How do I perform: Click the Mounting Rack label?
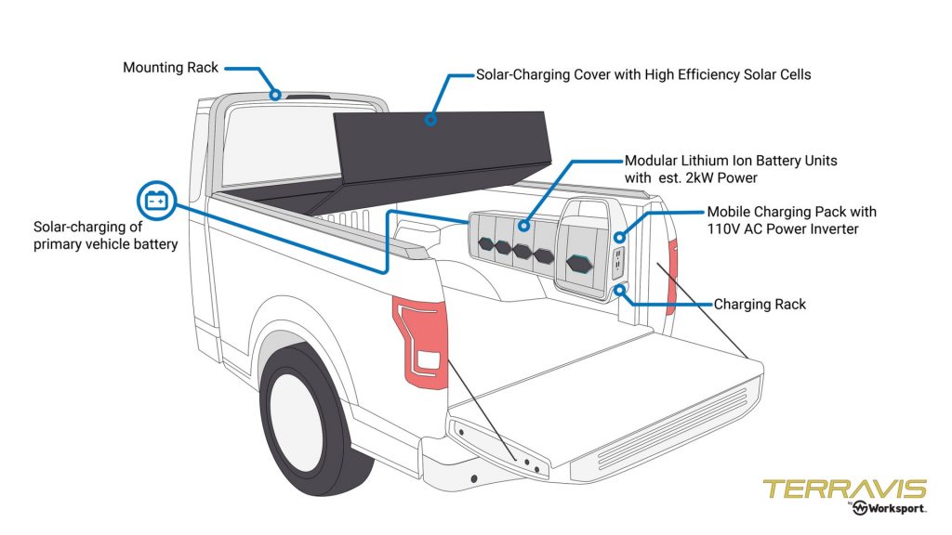point(170,68)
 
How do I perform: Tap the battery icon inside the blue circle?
point(155,200)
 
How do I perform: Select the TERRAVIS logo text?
point(844,489)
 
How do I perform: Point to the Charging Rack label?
point(760,304)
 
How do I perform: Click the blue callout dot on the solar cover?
point(430,119)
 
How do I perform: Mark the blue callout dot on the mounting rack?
point(275,94)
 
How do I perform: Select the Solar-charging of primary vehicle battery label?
point(105,236)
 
